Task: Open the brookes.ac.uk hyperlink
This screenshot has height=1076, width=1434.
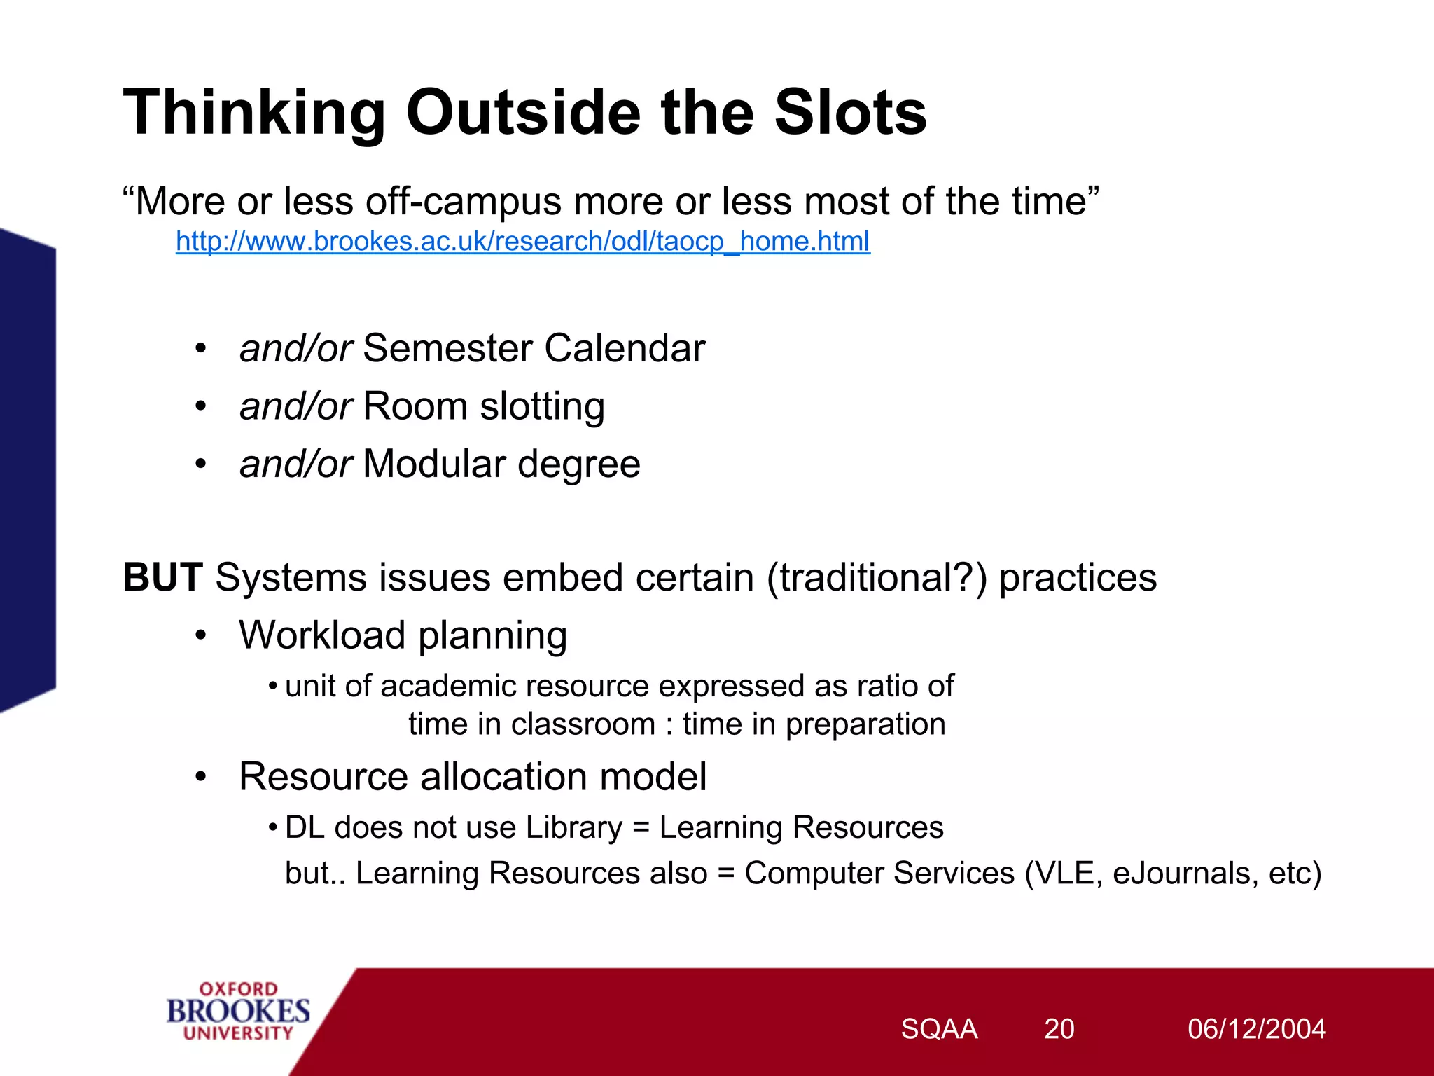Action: [522, 242]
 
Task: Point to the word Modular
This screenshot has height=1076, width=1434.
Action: [434, 464]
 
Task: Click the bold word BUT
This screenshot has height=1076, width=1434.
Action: [162, 578]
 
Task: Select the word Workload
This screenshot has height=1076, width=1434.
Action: [322, 636]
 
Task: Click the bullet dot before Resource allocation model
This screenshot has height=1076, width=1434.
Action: [201, 778]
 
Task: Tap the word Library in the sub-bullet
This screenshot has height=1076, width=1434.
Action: [573, 829]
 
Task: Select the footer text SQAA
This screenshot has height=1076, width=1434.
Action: [938, 1029]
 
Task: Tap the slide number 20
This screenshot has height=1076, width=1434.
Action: [1059, 1029]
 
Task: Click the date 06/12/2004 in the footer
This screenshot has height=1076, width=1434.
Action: [1256, 1029]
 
